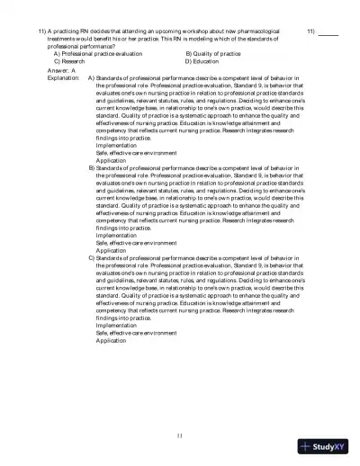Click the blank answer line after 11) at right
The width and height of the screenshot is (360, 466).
[x=328, y=31]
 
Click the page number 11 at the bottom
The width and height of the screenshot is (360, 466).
[x=180, y=436]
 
